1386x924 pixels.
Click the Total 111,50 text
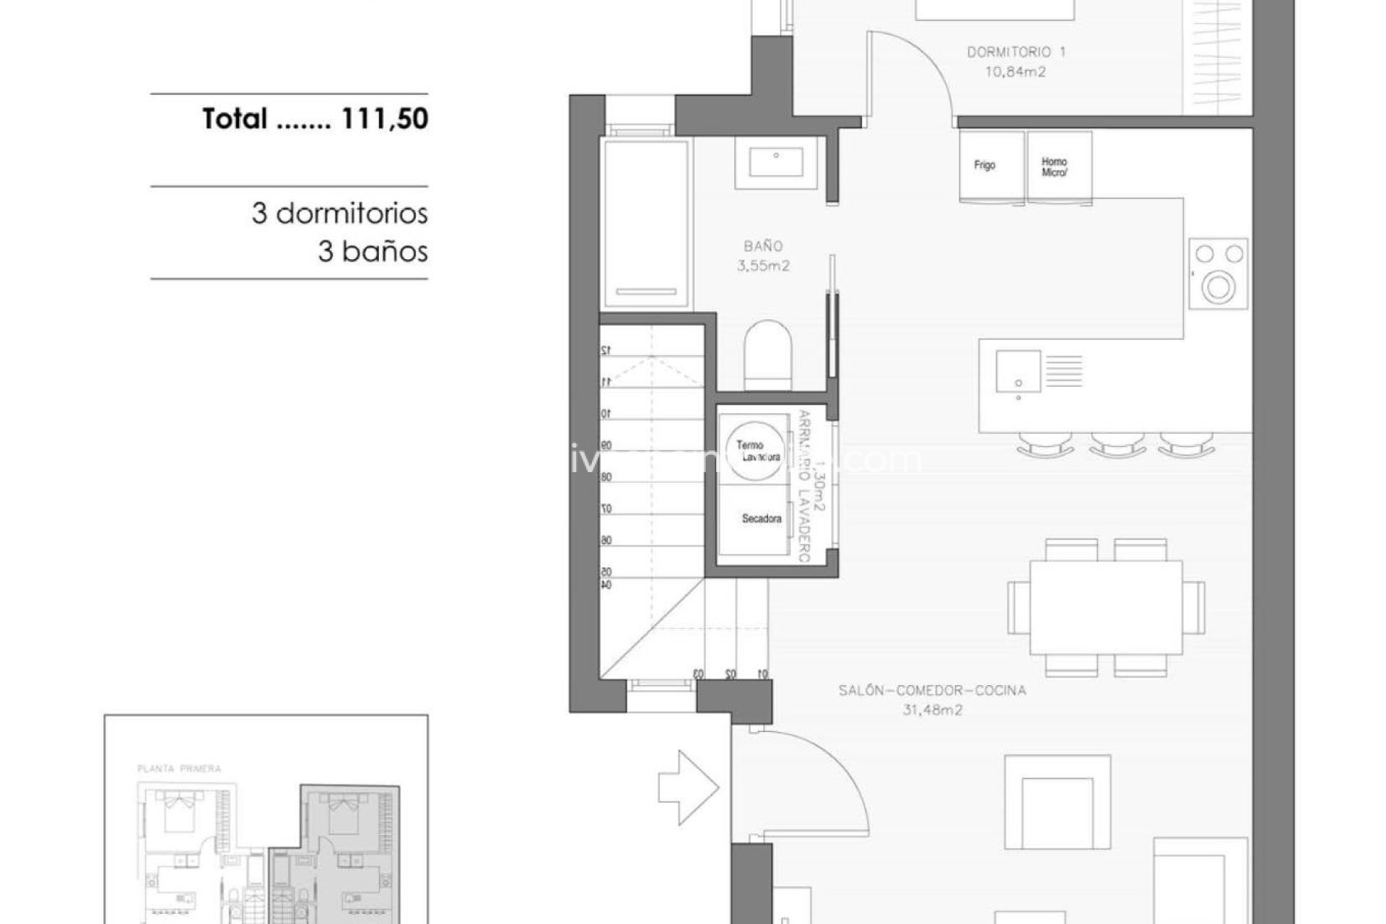(x=315, y=118)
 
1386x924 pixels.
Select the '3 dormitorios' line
(x=339, y=214)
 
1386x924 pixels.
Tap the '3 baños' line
(x=372, y=252)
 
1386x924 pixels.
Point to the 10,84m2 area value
(x=1016, y=71)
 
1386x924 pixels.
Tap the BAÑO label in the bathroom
(x=763, y=246)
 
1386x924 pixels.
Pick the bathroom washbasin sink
(x=776, y=162)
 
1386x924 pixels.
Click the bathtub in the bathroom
(x=645, y=224)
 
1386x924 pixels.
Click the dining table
(x=1105, y=606)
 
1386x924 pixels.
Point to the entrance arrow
(x=687, y=787)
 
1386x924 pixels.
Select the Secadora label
(x=762, y=518)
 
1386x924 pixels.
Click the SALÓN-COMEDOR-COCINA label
(x=931, y=691)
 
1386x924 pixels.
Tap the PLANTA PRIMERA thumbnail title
(x=179, y=769)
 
